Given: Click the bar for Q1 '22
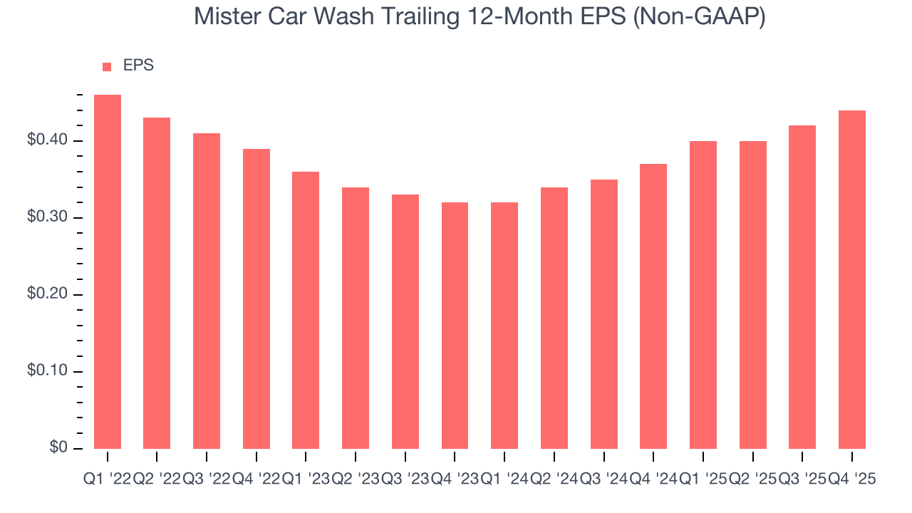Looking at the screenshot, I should [x=108, y=271].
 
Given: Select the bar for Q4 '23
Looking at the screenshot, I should [x=455, y=326].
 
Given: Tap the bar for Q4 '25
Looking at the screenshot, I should [x=852, y=279].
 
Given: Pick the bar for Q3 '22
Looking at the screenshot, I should [x=207, y=291].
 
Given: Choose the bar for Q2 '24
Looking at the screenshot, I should [x=554, y=318].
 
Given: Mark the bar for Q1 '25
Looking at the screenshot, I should [x=703, y=295].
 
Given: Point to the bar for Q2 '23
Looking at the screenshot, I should [x=356, y=318].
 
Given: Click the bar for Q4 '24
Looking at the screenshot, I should [x=653, y=306].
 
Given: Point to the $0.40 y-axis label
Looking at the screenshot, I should [x=48, y=140].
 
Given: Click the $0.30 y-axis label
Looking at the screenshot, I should [x=48, y=217].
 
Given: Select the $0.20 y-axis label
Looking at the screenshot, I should [x=48, y=294].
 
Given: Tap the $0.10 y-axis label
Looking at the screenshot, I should [x=48, y=371].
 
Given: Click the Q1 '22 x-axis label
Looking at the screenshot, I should [x=107, y=480].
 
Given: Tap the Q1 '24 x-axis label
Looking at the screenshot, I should [x=504, y=480].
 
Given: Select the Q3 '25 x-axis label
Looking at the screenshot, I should [x=802, y=480].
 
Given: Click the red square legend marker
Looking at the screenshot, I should [x=107, y=66].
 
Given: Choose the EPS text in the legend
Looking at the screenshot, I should [x=138, y=66].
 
